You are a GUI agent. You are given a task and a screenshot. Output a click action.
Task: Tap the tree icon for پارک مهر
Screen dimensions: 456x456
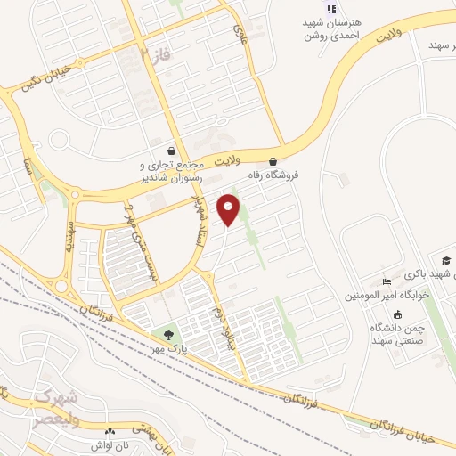pyautogui.click(x=167, y=335)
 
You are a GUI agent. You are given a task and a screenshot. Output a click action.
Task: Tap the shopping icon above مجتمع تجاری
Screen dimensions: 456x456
pyautogui.click(x=170, y=151)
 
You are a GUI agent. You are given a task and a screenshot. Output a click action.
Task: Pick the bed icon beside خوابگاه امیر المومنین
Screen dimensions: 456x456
pyautogui.click(x=386, y=282)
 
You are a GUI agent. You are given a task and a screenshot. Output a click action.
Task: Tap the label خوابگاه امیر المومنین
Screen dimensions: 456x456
pyautogui.click(x=391, y=295)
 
